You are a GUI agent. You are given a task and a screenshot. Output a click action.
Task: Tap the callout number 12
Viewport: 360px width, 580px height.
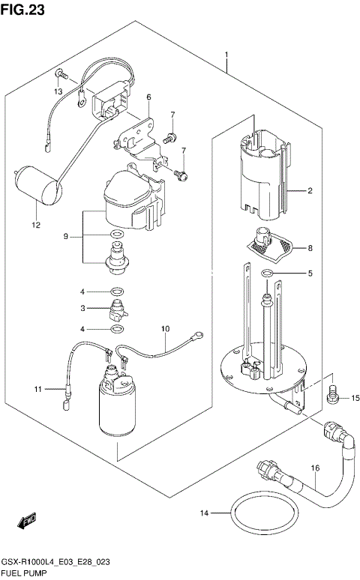pyautogui.click(x=35, y=223)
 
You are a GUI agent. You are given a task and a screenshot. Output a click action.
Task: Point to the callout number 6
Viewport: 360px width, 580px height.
pyautogui.click(x=148, y=97)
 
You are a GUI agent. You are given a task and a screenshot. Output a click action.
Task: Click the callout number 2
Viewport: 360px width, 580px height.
pyautogui.click(x=309, y=190)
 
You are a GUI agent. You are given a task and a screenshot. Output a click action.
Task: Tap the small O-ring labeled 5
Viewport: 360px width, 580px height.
pyautogui.click(x=268, y=275)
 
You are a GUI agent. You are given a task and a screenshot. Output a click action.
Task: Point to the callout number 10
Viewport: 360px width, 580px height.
pyautogui.click(x=166, y=327)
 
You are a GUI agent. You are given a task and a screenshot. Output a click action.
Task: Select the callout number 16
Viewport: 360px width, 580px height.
pyautogui.click(x=315, y=468)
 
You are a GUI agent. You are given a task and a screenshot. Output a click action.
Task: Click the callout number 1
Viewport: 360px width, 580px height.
pyautogui.click(x=226, y=54)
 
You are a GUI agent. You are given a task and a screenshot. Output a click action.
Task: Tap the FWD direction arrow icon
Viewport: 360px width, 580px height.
pyautogui.click(x=28, y=519)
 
